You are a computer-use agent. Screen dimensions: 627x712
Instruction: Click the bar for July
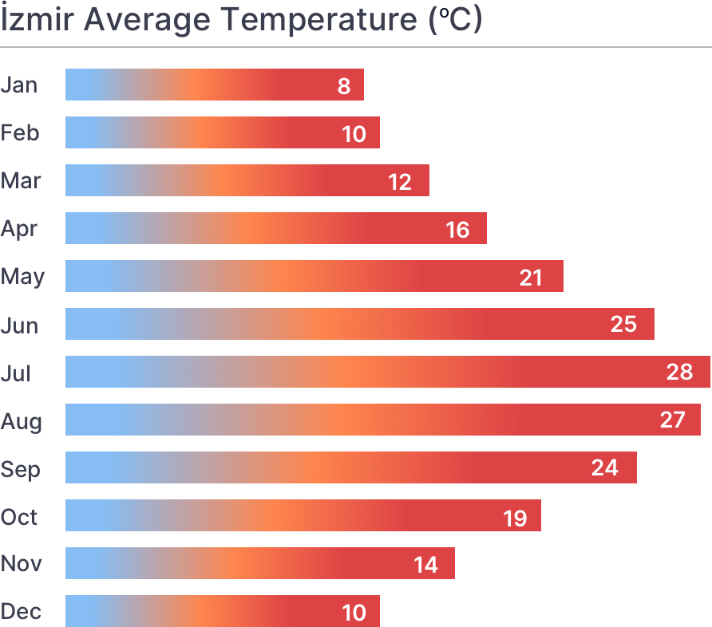[x=387, y=372]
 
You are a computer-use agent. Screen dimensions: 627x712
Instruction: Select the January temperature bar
[x=214, y=85]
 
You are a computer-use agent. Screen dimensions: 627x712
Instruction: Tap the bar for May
[x=314, y=276]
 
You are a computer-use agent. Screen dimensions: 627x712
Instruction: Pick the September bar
[x=350, y=467]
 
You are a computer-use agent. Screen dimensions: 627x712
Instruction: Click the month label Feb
[x=20, y=132]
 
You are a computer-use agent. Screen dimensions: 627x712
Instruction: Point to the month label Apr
[x=19, y=229]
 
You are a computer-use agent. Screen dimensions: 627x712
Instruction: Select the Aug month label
[x=21, y=420]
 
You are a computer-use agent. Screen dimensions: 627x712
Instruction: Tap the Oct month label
[x=20, y=516]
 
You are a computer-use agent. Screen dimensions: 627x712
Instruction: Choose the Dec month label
[x=21, y=612]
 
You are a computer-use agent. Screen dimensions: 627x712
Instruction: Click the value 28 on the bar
[x=679, y=373]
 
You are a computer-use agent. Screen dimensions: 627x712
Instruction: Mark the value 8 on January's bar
[x=344, y=85]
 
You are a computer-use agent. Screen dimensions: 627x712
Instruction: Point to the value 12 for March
[x=400, y=182]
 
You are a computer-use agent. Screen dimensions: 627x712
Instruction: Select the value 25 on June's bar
[x=623, y=325]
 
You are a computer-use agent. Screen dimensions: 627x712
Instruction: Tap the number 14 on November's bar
[x=425, y=565]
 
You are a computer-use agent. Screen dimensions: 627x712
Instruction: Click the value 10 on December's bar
[x=354, y=613]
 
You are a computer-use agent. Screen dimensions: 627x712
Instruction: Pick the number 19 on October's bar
[x=515, y=517]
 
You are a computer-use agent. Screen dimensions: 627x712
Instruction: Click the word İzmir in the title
[x=38, y=19]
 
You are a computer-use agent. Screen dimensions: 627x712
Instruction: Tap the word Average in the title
[x=148, y=19]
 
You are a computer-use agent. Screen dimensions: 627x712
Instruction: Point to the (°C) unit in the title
[x=455, y=19]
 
